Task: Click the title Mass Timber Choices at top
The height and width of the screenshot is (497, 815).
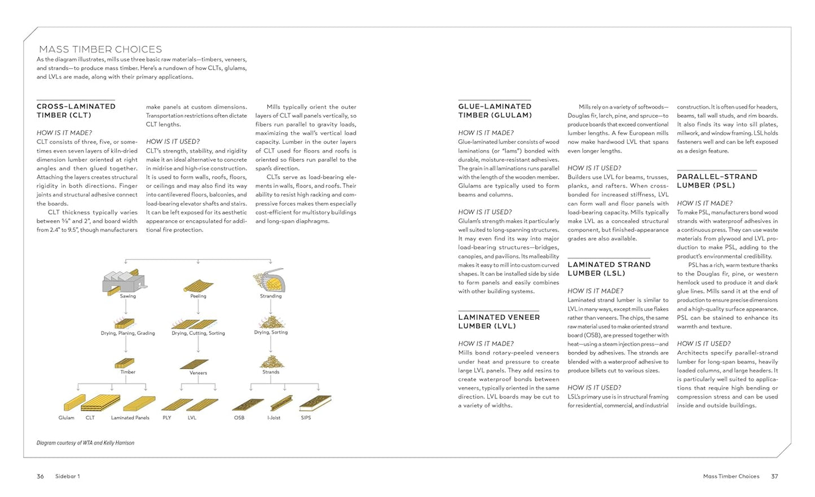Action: [x=100, y=50]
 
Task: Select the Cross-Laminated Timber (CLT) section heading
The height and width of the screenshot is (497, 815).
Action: [x=76, y=110]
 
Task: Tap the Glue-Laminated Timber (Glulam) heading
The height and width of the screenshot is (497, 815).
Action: [x=495, y=110]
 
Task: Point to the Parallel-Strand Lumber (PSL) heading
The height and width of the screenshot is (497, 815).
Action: [x=717, y=181]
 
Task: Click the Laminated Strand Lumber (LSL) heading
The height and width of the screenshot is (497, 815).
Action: [x=609, y=269]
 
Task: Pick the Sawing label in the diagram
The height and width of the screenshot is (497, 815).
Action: [x=128, y=296]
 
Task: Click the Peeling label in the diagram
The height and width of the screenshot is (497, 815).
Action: [x=199, y=296]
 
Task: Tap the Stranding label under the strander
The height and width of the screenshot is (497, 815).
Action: [x=271, y=296]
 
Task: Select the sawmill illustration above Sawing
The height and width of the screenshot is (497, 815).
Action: [x=124, y=280]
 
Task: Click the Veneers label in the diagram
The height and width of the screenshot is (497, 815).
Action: [x=199, y=373]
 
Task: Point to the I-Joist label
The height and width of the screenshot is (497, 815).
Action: [x=274, y=418]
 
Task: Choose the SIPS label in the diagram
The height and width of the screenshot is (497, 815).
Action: [x=306, y=418]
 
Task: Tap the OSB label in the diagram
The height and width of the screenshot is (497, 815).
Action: [x=239, y=418]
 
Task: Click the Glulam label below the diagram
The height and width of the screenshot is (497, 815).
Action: [x=67, y=418]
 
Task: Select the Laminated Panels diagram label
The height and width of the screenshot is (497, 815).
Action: [x=130, y=418]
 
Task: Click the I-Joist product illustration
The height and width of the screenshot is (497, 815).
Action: [x=281, y=403]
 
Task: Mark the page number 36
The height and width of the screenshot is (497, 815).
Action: [x=40, y=477]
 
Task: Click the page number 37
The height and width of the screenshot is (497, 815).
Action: [x=774, y=477]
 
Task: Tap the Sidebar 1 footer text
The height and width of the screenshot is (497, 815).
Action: [x=68, y=477]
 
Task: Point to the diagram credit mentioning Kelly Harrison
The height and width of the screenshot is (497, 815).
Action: [x=86, y=443]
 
